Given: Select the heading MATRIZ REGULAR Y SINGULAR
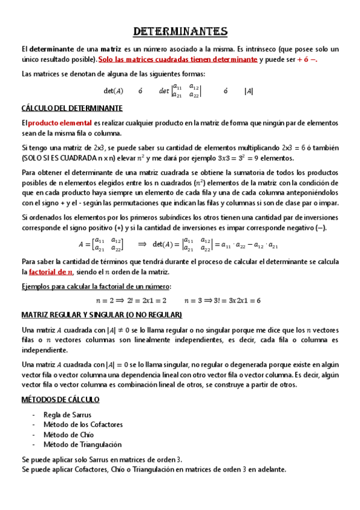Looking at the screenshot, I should pyautogui.click(x=101, y=315).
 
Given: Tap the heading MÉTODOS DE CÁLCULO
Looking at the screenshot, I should pyautogui.click(x=60, y=399).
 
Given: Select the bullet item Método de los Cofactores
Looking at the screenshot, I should pyautogui.click(x=83, y=425).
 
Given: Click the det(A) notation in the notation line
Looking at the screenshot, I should pyautogui.click(x=114, y=91).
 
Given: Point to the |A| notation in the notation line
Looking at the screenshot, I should pyautogui.click(x=248, y=91).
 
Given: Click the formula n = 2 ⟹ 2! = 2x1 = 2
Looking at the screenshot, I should pyautogui.click(x=131, y=300).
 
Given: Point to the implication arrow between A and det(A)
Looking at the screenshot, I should pyautogui.click(x=142, y=244).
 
